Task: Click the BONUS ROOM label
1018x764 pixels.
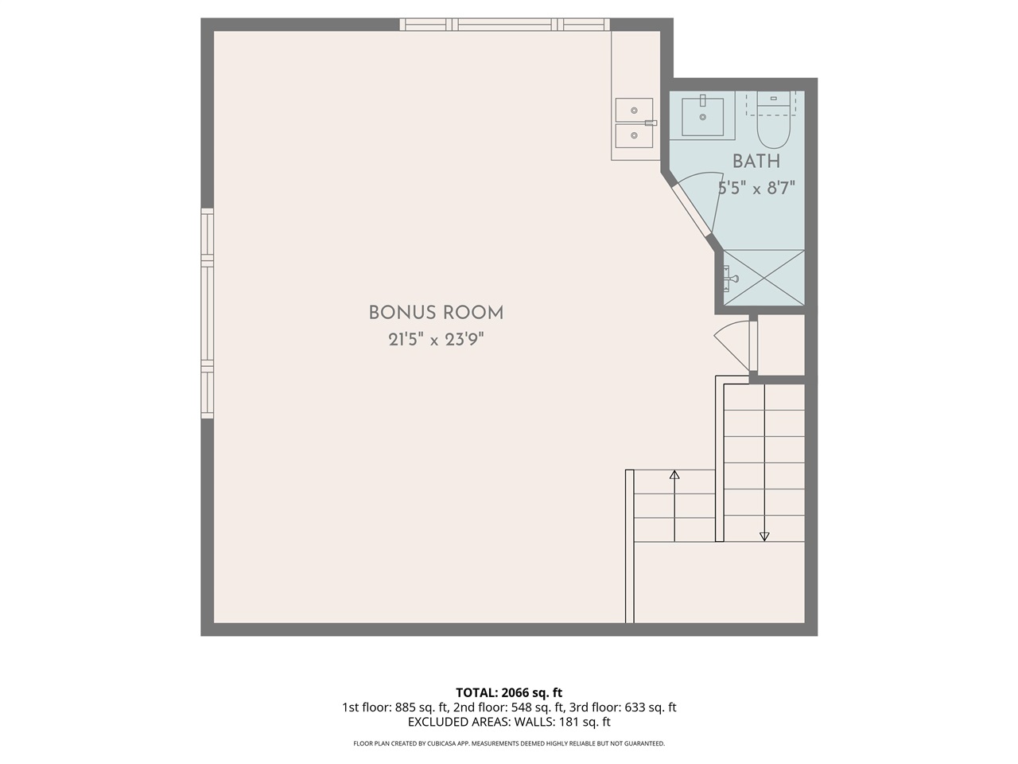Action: point(436,313)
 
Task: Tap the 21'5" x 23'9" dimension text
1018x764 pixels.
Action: point(436,340)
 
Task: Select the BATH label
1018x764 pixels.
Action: point(756,162)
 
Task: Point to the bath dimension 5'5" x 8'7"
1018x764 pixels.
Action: point(756,189)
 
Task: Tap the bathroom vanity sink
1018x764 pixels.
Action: point(702,116)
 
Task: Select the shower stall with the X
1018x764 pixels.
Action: point(763,278)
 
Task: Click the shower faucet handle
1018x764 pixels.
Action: point(732,279)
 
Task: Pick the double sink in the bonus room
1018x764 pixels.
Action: point(634,123)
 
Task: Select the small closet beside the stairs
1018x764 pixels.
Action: point(781,345)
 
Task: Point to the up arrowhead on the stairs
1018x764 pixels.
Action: point(674,474)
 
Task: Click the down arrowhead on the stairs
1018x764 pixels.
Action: point(764,536)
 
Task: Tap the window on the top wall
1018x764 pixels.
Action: point(504,25)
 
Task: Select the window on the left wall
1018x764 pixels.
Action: point(208,313)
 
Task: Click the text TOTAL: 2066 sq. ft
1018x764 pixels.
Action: point(509,692)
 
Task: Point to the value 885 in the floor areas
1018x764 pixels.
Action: point(405,707)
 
